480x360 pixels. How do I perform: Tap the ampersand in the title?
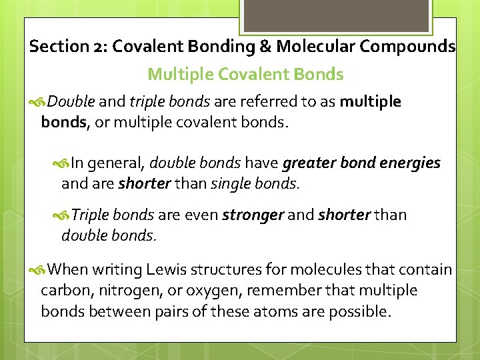(x=265, y=47)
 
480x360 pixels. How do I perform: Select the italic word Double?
(x=71, y=102)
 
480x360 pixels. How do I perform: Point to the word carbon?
(x=63, y=291)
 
